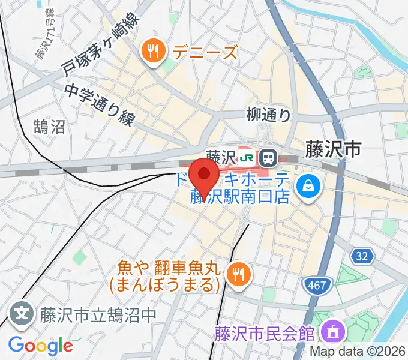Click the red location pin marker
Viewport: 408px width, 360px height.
coord(205,176)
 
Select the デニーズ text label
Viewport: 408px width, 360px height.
coord(205,52)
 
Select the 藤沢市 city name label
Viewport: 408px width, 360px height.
coord(332,149)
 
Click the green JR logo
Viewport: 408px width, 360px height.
coord(245,158)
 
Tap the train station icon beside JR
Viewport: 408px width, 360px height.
coord(268,158)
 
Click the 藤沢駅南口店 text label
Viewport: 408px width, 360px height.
coord(241,196)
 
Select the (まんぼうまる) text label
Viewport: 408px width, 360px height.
coord(163,283)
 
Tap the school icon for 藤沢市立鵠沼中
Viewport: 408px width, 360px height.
coord(21,313)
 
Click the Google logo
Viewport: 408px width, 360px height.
coord(40,346)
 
